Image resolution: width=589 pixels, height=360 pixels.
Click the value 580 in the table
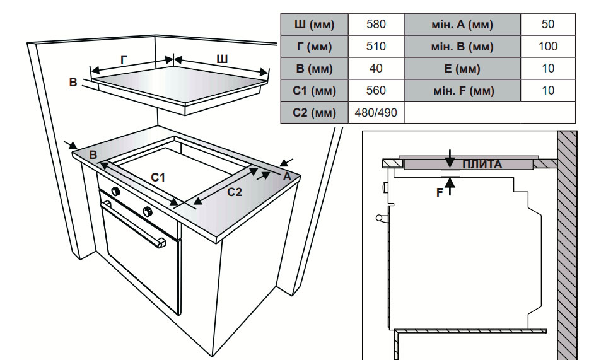tap(376, 25)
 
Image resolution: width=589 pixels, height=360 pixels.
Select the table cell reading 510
tap(376, 46)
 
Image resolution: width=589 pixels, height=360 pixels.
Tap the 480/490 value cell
tap(376, 113)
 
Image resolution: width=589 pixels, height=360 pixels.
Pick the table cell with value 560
tap(376, 90)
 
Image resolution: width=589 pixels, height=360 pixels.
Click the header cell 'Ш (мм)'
tap(314, 25)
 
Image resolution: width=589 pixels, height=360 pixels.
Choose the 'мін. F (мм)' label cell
tap(462, 90)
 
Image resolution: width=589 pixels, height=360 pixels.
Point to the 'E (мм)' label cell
tap(462, 68)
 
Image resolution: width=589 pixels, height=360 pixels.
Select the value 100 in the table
tap(548, 46)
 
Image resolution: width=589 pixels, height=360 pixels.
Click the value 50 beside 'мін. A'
tap(548, 25)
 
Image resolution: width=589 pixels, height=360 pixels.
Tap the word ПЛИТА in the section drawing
tap(482, 165)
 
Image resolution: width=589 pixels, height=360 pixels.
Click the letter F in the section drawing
tap(440, 193)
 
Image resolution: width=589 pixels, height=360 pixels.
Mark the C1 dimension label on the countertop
tap(158, 178)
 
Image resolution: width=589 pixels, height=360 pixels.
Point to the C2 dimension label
tap(234, 192)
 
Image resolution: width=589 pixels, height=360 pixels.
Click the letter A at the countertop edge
tap(287, 177)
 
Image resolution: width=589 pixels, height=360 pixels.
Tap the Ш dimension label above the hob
tap(222, 59)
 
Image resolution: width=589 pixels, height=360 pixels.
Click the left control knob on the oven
tap(116, 191)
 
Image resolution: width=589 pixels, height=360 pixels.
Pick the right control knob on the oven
tap(148, 211)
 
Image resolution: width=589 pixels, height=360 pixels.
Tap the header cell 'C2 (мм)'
tap(314, 113)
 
